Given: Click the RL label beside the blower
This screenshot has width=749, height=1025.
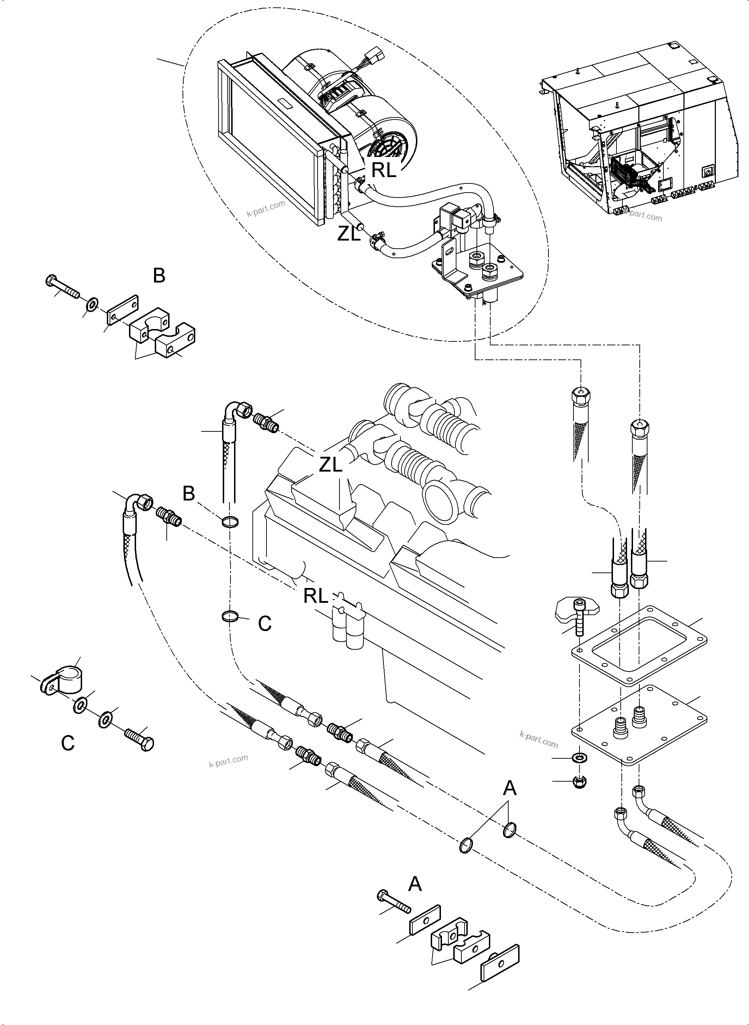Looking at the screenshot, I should coord(383,170).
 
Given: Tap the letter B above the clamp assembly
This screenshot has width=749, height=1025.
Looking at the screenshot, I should coord(159,275).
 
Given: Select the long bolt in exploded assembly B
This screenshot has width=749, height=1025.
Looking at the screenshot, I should coord(63,287).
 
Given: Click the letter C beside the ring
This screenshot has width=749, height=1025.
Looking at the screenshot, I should coord(264,624).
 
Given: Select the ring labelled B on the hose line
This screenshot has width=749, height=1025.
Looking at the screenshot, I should coord(230,522).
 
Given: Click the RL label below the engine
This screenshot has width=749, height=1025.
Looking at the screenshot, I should coord(315,596).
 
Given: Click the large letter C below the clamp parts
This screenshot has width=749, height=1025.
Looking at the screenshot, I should coord(68,743).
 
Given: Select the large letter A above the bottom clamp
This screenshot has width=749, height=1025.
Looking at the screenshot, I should coord(415,884).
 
